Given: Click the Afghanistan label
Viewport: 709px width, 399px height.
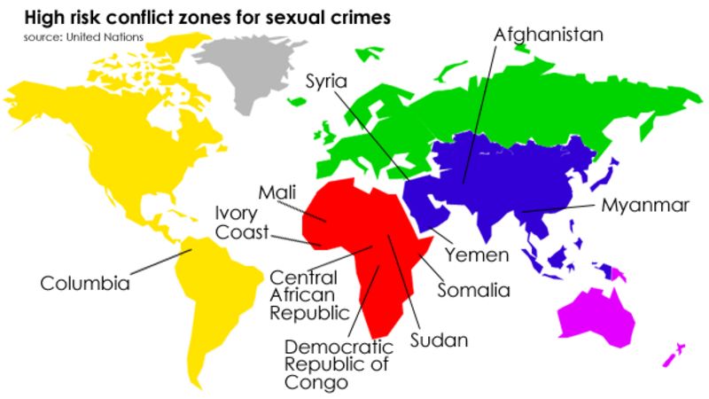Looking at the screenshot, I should click(x=548, y=35).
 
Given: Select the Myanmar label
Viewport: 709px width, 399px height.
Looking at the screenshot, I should click(x=644, y=206).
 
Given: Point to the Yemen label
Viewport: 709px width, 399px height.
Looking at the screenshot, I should click(x=476, y=255).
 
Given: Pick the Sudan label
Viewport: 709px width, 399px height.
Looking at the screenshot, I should click(x=438, y=340).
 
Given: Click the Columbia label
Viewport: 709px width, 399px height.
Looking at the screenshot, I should click(x=85, y=284).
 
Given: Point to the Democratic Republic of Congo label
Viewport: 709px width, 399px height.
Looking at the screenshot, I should click(x=338, y=364).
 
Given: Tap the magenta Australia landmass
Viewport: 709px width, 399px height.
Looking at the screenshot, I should click(x=598, y=315).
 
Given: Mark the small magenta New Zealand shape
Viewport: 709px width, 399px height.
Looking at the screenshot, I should click(x=674, y=354).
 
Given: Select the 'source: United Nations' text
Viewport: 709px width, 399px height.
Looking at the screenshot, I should click(x=83, y=36).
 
